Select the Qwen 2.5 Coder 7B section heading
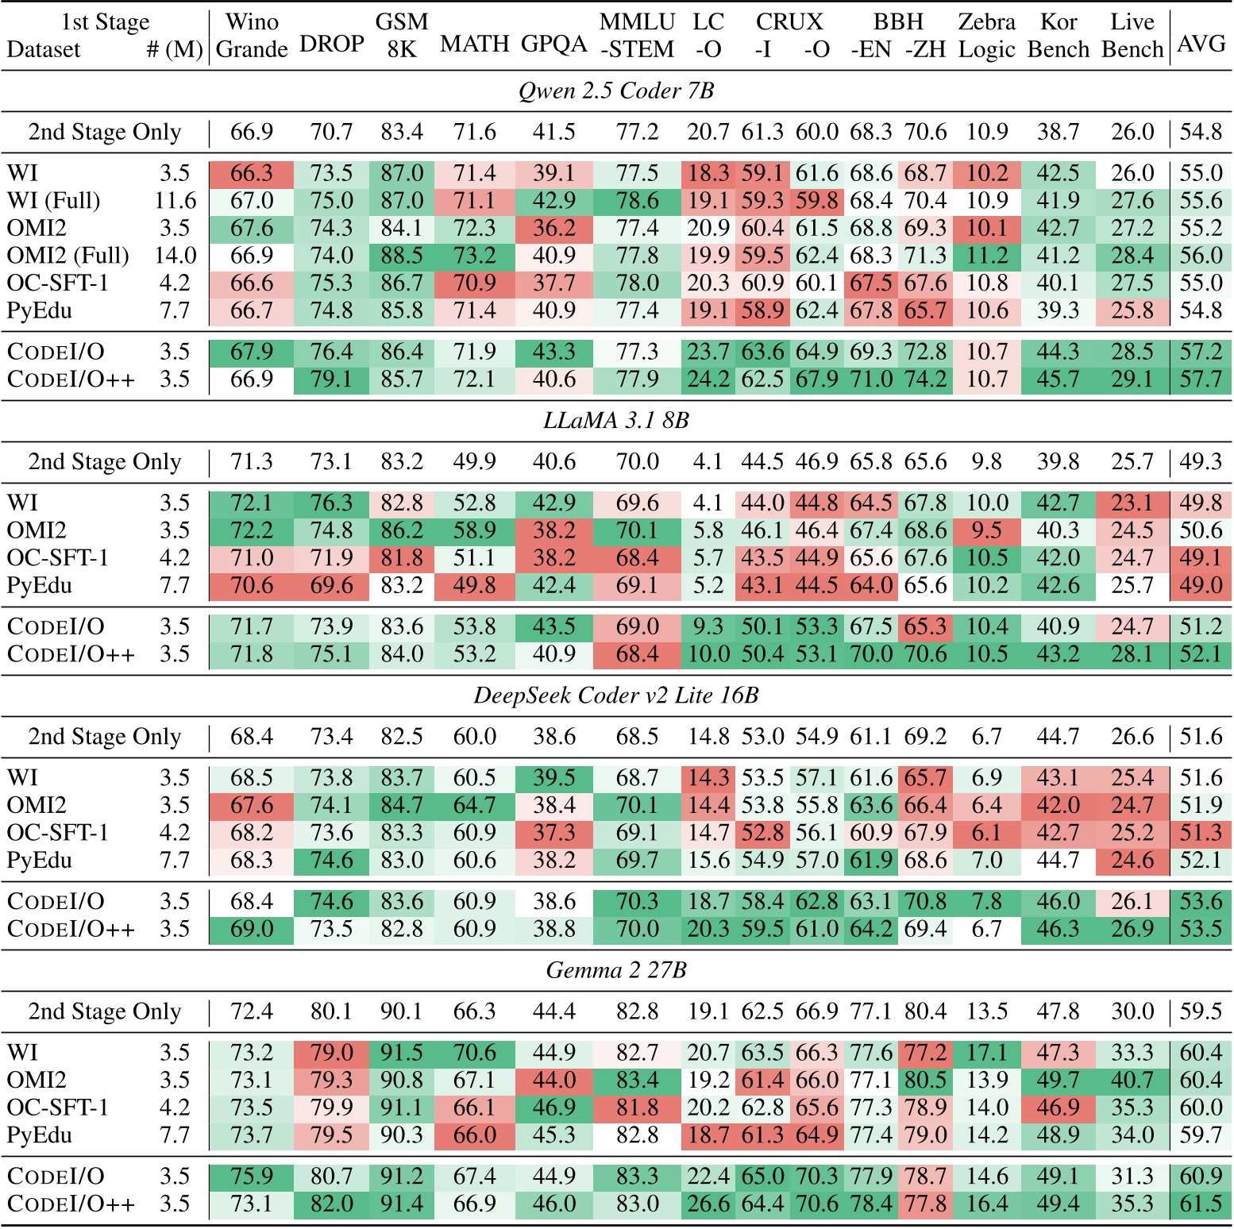tap(616, 91)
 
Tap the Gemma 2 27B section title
tap(616, 970)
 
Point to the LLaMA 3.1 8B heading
tap(616, 420)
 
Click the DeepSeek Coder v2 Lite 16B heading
tap(616, 695)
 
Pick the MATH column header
tap(475, 44)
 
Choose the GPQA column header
tap(554, 44)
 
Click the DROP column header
tap(331, 44)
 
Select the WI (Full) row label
tap(54, 201)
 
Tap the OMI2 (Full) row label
tap(67, 256)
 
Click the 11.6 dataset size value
tap(175, 201)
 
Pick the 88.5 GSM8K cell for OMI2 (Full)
tap(402, 256)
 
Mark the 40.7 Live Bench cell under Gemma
tap(1132, 1080)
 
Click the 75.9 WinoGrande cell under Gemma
tap(252, 1176)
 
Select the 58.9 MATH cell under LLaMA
tap(475, 530)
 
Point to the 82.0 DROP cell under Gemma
tap(331, 1204)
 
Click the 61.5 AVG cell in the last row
tap(1201, 1204)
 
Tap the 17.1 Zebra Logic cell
tap(987, 1053)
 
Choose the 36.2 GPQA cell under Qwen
tap(554, 229)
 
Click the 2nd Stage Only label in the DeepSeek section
tap(105, 737)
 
